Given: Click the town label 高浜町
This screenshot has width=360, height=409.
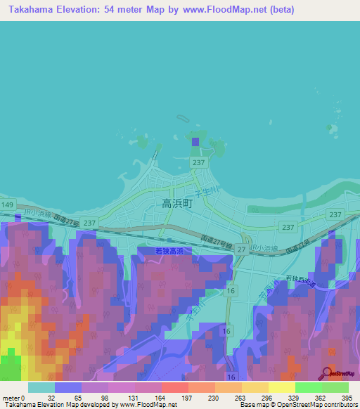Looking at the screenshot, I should [x=176, y=204].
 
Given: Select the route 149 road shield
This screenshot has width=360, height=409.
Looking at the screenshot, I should [x=7, y=204].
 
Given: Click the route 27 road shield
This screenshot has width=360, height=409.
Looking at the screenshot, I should [x=241, y=249].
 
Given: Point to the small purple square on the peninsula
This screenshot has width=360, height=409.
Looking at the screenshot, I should [x=195, y=142].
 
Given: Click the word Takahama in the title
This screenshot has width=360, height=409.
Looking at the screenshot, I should [x=31, y=10].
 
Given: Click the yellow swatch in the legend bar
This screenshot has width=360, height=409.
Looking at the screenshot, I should [x=282, y=387].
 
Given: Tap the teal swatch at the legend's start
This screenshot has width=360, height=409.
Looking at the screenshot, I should [x=41, y=387].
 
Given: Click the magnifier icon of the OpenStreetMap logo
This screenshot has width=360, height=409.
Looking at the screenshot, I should [x=326, y=372].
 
